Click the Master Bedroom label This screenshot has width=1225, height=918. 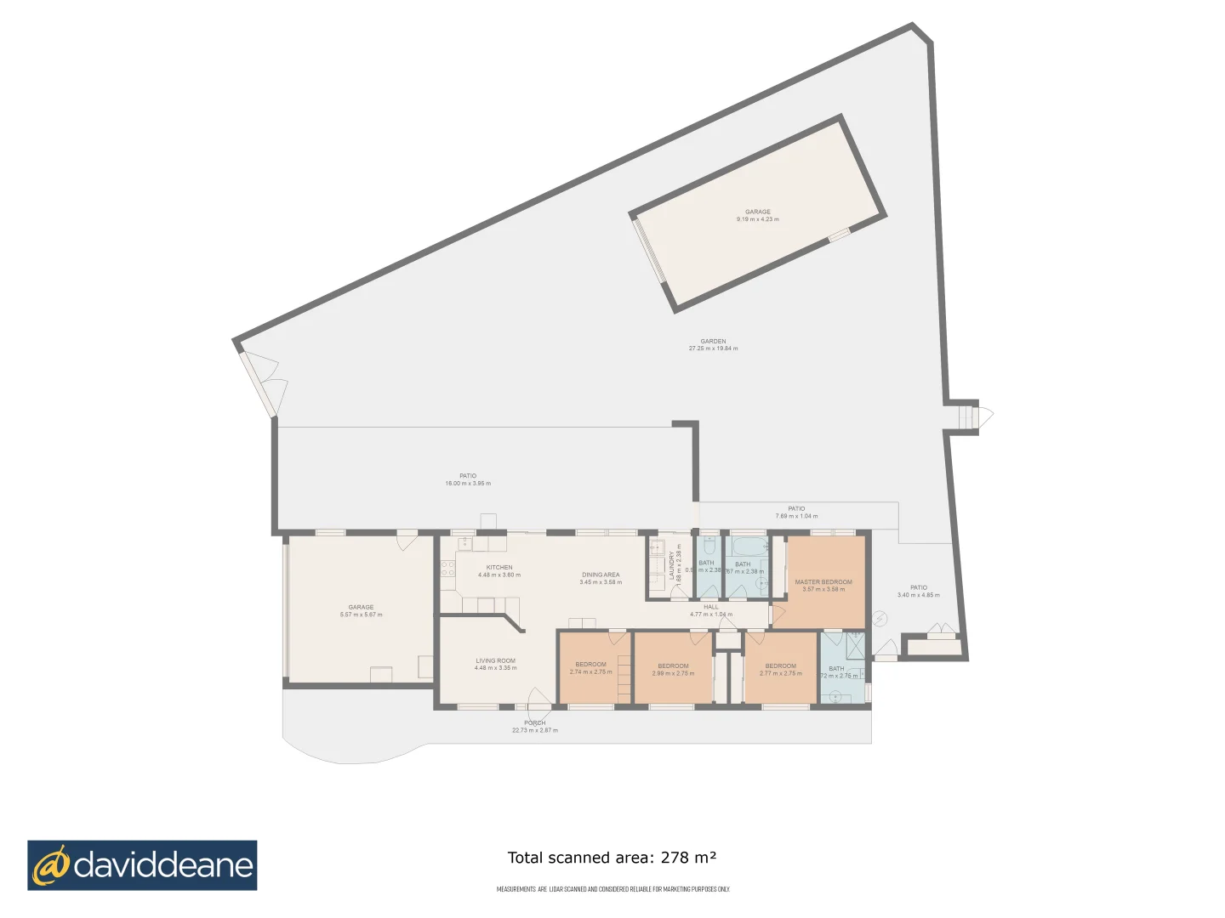point(823,582)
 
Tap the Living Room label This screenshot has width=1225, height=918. point(495,660)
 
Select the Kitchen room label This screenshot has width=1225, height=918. point(499,567)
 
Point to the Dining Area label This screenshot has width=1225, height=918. point(601,575)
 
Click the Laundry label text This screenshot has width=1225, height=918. point(671,565)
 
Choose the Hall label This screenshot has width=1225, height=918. point(711,607)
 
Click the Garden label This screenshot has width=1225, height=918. point(713,341)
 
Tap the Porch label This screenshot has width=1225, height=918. point(535,722)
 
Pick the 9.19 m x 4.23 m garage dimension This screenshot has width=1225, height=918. point(757,219)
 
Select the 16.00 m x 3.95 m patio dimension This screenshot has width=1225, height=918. point(468,484)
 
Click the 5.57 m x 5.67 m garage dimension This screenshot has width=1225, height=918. point(361,615)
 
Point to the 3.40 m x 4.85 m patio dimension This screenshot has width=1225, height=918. point(919,595)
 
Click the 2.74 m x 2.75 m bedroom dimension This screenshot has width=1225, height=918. point(590,672)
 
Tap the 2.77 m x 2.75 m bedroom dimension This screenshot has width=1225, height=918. point(780,673)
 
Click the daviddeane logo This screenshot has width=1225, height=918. point(142,865)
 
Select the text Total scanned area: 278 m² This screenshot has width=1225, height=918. point(612,858)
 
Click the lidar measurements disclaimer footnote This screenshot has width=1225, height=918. point(612,889)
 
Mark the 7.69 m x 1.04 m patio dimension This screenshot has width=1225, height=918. point(796,516)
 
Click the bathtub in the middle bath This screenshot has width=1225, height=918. point(748,545)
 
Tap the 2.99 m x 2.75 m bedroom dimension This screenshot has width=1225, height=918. point(673,673)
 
